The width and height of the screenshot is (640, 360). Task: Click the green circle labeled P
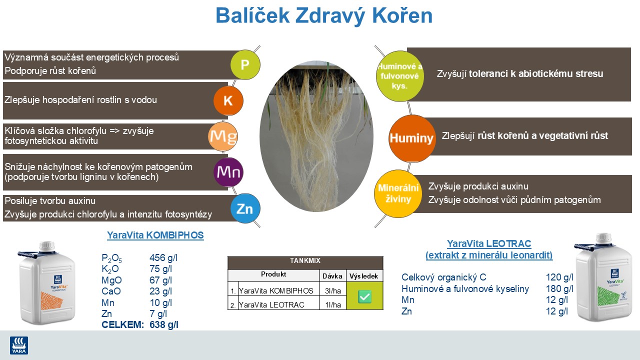tap(245, 64)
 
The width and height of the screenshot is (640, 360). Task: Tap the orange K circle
tap(228, 101)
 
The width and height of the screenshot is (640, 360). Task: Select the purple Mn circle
tap(228, 172)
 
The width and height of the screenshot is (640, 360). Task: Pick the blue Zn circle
tap(245, 208)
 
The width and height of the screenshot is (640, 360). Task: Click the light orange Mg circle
tap(223, 136)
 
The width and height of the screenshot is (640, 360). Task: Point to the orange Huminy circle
tap(412, 138)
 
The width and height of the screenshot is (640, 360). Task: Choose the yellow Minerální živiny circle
tap(398, 194)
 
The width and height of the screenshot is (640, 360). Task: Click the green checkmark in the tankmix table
tap(364, 296)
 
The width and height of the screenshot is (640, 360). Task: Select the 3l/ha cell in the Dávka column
tap(332, 290)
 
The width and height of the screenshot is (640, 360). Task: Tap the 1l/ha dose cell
tap(332, 304)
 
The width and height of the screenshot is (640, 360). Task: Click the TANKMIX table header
tap(305, 261)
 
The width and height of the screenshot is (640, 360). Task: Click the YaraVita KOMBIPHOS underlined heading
tap(155, 235)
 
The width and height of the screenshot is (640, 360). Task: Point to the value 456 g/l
tap(163, 258)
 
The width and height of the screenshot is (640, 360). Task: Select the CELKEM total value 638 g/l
tap(164, 324)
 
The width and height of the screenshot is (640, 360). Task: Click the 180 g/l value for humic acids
tap(559, 288)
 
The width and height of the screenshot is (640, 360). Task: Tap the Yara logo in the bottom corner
tap(19, 345)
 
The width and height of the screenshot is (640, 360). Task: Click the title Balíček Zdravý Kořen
tap(323, 16)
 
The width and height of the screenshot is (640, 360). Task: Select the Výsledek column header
tap(364, 275)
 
